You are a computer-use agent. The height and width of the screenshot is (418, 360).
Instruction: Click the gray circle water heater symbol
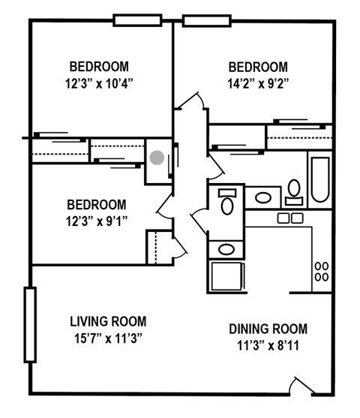coord(157,158)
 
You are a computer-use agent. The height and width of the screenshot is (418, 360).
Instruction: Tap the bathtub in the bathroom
coord(319,181)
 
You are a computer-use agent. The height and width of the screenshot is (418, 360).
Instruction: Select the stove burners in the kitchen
coord(321,271)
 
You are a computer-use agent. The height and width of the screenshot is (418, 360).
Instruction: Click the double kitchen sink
coord(289,218)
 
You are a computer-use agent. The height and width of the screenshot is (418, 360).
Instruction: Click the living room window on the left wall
coord(29,323)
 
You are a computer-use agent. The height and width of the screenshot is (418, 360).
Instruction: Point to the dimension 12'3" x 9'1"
coord(96,221)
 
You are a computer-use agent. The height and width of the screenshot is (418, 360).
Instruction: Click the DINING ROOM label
coord(268,329)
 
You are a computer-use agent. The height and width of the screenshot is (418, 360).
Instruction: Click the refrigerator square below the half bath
coord(225,276)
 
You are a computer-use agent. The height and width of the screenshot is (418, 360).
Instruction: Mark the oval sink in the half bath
coord(225,248)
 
